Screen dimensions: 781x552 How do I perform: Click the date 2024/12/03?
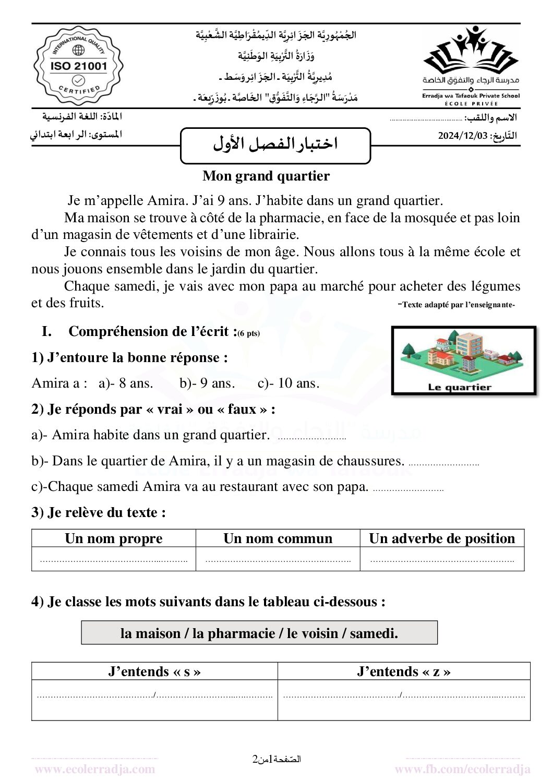[x=463, y=136]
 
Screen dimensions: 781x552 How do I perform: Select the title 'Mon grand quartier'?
[x=266, y=176]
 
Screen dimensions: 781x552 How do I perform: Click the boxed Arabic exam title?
[x=275, y=145]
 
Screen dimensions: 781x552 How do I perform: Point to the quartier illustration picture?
[x=463, y=359]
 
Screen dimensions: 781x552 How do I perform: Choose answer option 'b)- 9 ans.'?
[x=207, y=383]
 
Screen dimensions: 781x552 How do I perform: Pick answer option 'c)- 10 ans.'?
[x=289, y=383]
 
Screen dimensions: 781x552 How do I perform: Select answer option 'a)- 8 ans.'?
[x=126, y=383]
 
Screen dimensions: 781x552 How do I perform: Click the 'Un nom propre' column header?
[x=114, y=538]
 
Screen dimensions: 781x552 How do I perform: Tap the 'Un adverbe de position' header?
[x=442, y=538]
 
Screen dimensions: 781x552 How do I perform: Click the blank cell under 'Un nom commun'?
[x=278, y=559]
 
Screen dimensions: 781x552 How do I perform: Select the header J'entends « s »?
[x=154, y=671]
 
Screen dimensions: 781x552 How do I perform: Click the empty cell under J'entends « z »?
[x=404, y=700]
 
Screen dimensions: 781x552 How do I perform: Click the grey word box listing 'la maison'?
[x=259, y=633]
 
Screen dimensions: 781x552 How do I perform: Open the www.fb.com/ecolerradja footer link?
[x=462, y=768]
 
